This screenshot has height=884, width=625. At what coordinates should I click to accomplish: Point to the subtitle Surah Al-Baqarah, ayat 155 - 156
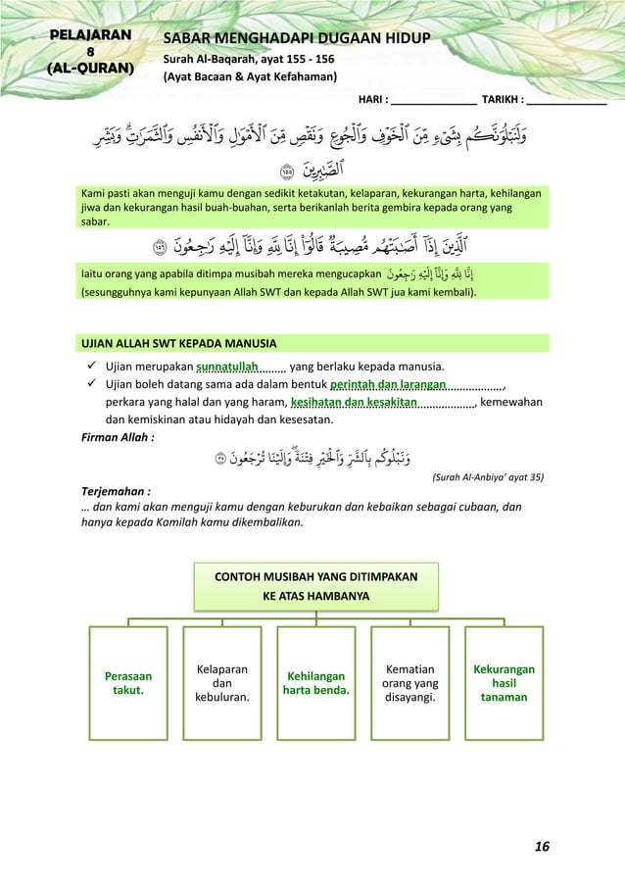pyautogui.click(x=249, y=59)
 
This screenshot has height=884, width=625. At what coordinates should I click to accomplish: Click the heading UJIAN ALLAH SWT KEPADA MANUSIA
pyautogui.click(x=178, y=344)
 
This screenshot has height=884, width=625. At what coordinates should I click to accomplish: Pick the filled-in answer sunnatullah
pyautogui.click(x=227, y=368)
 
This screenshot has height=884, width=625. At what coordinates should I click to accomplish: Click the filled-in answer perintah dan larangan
pyautogui.click(x=389, y=385)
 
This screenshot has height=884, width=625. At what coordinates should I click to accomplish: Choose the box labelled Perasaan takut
pyautogui.click(x=128, y=683)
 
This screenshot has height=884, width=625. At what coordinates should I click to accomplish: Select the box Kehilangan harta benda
pyautogui.click(x=314, y=683)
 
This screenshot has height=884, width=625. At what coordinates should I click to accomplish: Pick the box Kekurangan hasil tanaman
pyautogui.click(x=504, y=683)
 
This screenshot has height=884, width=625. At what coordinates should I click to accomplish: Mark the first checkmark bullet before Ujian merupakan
pyautogui.click(x=91, y=368)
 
